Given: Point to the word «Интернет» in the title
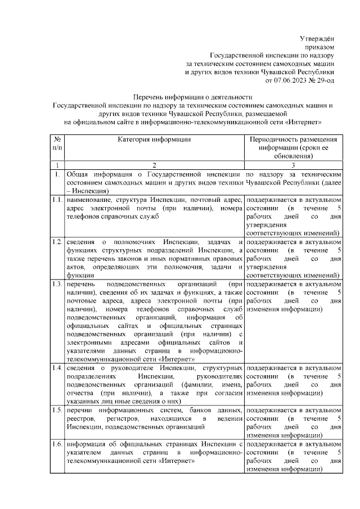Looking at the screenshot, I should pyautogui.click(x=302, y=121).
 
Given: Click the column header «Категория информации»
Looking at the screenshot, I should pyautogui.click(x=154, y=139).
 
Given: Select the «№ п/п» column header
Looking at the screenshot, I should pyautogui.click(x=56, y=143).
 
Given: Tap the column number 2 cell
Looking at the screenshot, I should pyautogui.click(x=154, y=165).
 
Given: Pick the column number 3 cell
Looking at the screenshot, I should pyautogui.click(x=293, y=165).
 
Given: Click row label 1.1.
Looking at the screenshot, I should pyautogui.click(x=56, y=200).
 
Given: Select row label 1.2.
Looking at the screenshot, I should pyautogui.click(x=56, y=242).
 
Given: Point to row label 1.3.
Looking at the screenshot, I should pyautogui.click(x=56, y=284).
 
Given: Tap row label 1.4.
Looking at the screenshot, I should pyautogui.click(x=56, y=368).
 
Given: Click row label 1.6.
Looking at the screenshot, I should pyautogui.click(x=56, y=444).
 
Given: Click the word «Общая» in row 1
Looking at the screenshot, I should pyautogui.click(x=79, y=174).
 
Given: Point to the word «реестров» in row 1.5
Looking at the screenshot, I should pyautogui.click(x=80, y=419).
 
